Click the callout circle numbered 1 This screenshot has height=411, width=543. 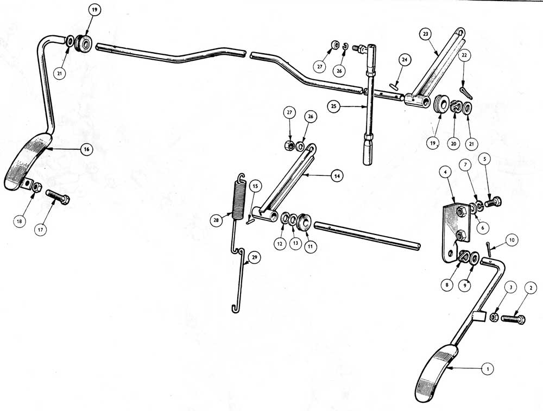pos(488,369)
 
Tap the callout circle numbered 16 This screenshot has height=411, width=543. pos(86,149)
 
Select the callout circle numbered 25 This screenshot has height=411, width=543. pos(334,106)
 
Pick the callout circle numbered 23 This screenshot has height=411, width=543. pos(426,34)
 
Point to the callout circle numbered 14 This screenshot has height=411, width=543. pos(336,176)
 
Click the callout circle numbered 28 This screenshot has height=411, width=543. pos(217,220)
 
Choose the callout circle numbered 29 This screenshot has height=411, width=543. pos(255,257)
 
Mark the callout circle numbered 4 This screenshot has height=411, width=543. pos(445,171)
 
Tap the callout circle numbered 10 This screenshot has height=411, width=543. pos(512,239)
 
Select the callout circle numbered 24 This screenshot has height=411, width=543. pos(404,60)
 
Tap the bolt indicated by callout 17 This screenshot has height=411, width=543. pos(58,197)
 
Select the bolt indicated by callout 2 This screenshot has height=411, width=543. pos(513,318)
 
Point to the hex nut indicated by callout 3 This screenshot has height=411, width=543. pos(494,317)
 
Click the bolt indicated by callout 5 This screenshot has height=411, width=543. pos(493,201)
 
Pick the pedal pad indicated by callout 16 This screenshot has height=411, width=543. pos(28,161)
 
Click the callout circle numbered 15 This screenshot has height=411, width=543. pos(255,187)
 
